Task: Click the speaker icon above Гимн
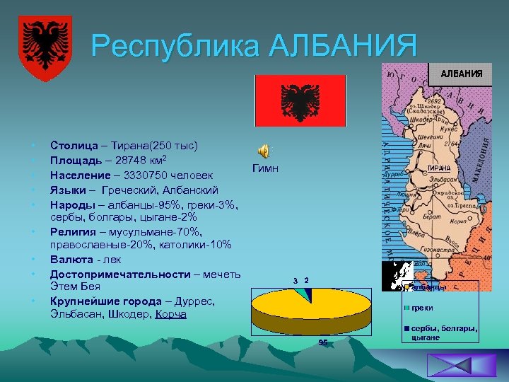click(264, 151)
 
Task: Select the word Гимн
click(264, 169)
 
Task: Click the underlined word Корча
click(170, 314)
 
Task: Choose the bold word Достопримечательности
click(120, 274)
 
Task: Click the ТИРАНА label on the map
click(443, 168)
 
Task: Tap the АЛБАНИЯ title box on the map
click(460, 74)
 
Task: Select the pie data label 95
click(322, 342)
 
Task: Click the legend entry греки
click(423, 308)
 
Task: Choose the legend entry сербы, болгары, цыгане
click(443, 333)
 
